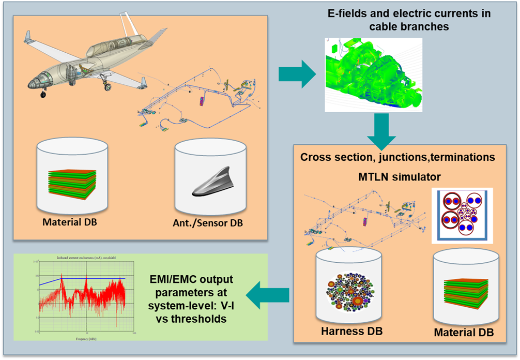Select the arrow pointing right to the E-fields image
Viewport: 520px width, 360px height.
pos(297,74)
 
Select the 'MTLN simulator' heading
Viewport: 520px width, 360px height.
pos(400,177)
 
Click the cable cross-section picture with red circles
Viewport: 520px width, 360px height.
pos(462,215)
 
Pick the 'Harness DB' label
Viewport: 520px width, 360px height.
pos(352,331)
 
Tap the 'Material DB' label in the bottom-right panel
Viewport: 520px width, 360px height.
pos(464,332)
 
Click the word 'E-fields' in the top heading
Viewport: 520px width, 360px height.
pos(347,13)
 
